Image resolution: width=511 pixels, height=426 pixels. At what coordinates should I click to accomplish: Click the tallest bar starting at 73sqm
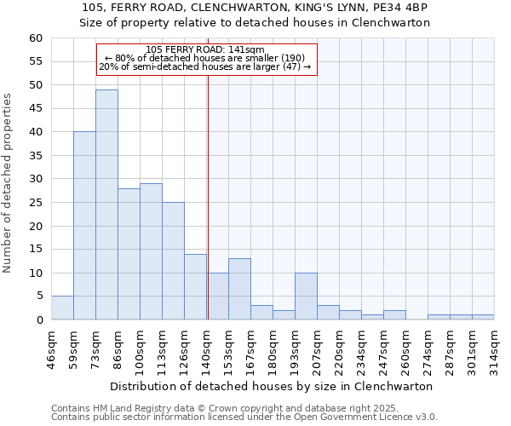(x=106, y=204)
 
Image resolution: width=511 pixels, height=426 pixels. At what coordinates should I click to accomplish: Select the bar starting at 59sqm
(x=84, y=226)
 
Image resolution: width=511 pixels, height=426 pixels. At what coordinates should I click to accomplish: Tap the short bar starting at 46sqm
(x=62, y=308)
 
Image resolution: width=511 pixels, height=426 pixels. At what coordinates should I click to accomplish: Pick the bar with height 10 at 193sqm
(x=306, y=296)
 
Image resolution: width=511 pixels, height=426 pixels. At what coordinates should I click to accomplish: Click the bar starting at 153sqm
(x=239, y=289)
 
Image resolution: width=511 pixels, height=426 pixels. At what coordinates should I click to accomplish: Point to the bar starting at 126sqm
(x=195, y=286)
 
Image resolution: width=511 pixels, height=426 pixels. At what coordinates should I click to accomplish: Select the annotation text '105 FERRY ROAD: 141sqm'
(x=205, y=50)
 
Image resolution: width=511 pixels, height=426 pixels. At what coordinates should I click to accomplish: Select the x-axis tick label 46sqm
(x=51, y=344)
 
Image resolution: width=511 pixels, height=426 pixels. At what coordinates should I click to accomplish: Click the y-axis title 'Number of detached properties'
(x=9, y=184)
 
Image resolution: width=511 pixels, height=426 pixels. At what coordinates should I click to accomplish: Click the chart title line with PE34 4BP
(x=255, y=8)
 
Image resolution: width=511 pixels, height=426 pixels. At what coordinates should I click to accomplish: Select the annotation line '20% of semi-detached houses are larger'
(x=205, y=66)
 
